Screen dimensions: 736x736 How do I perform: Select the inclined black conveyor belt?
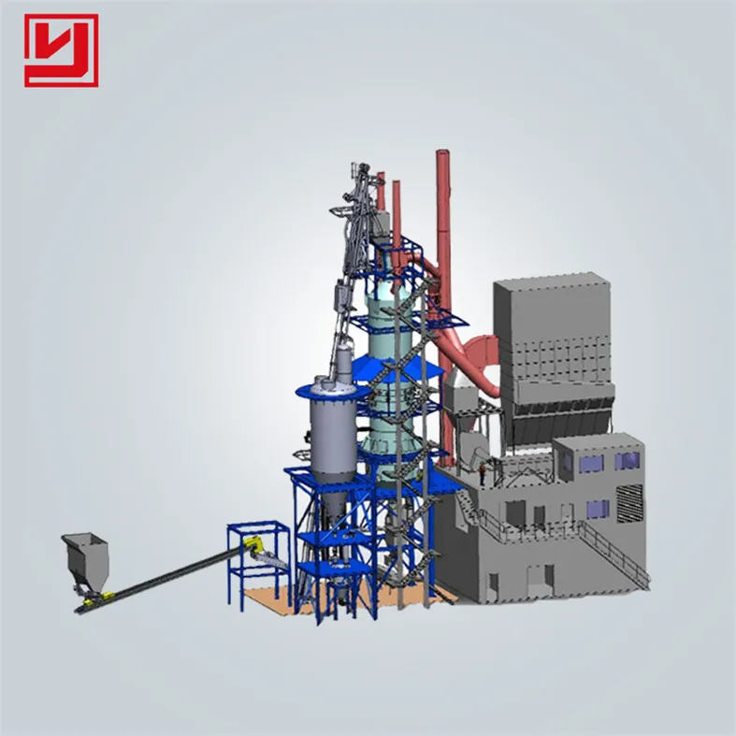tap(168, 579)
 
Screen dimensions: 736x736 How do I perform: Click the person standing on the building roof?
tap(482, 474)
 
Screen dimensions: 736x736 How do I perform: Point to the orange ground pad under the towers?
tap(271, 599)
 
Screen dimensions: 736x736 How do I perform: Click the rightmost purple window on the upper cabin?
tap(628, 460)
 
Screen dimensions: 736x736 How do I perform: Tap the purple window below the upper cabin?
tap(597, 509)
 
